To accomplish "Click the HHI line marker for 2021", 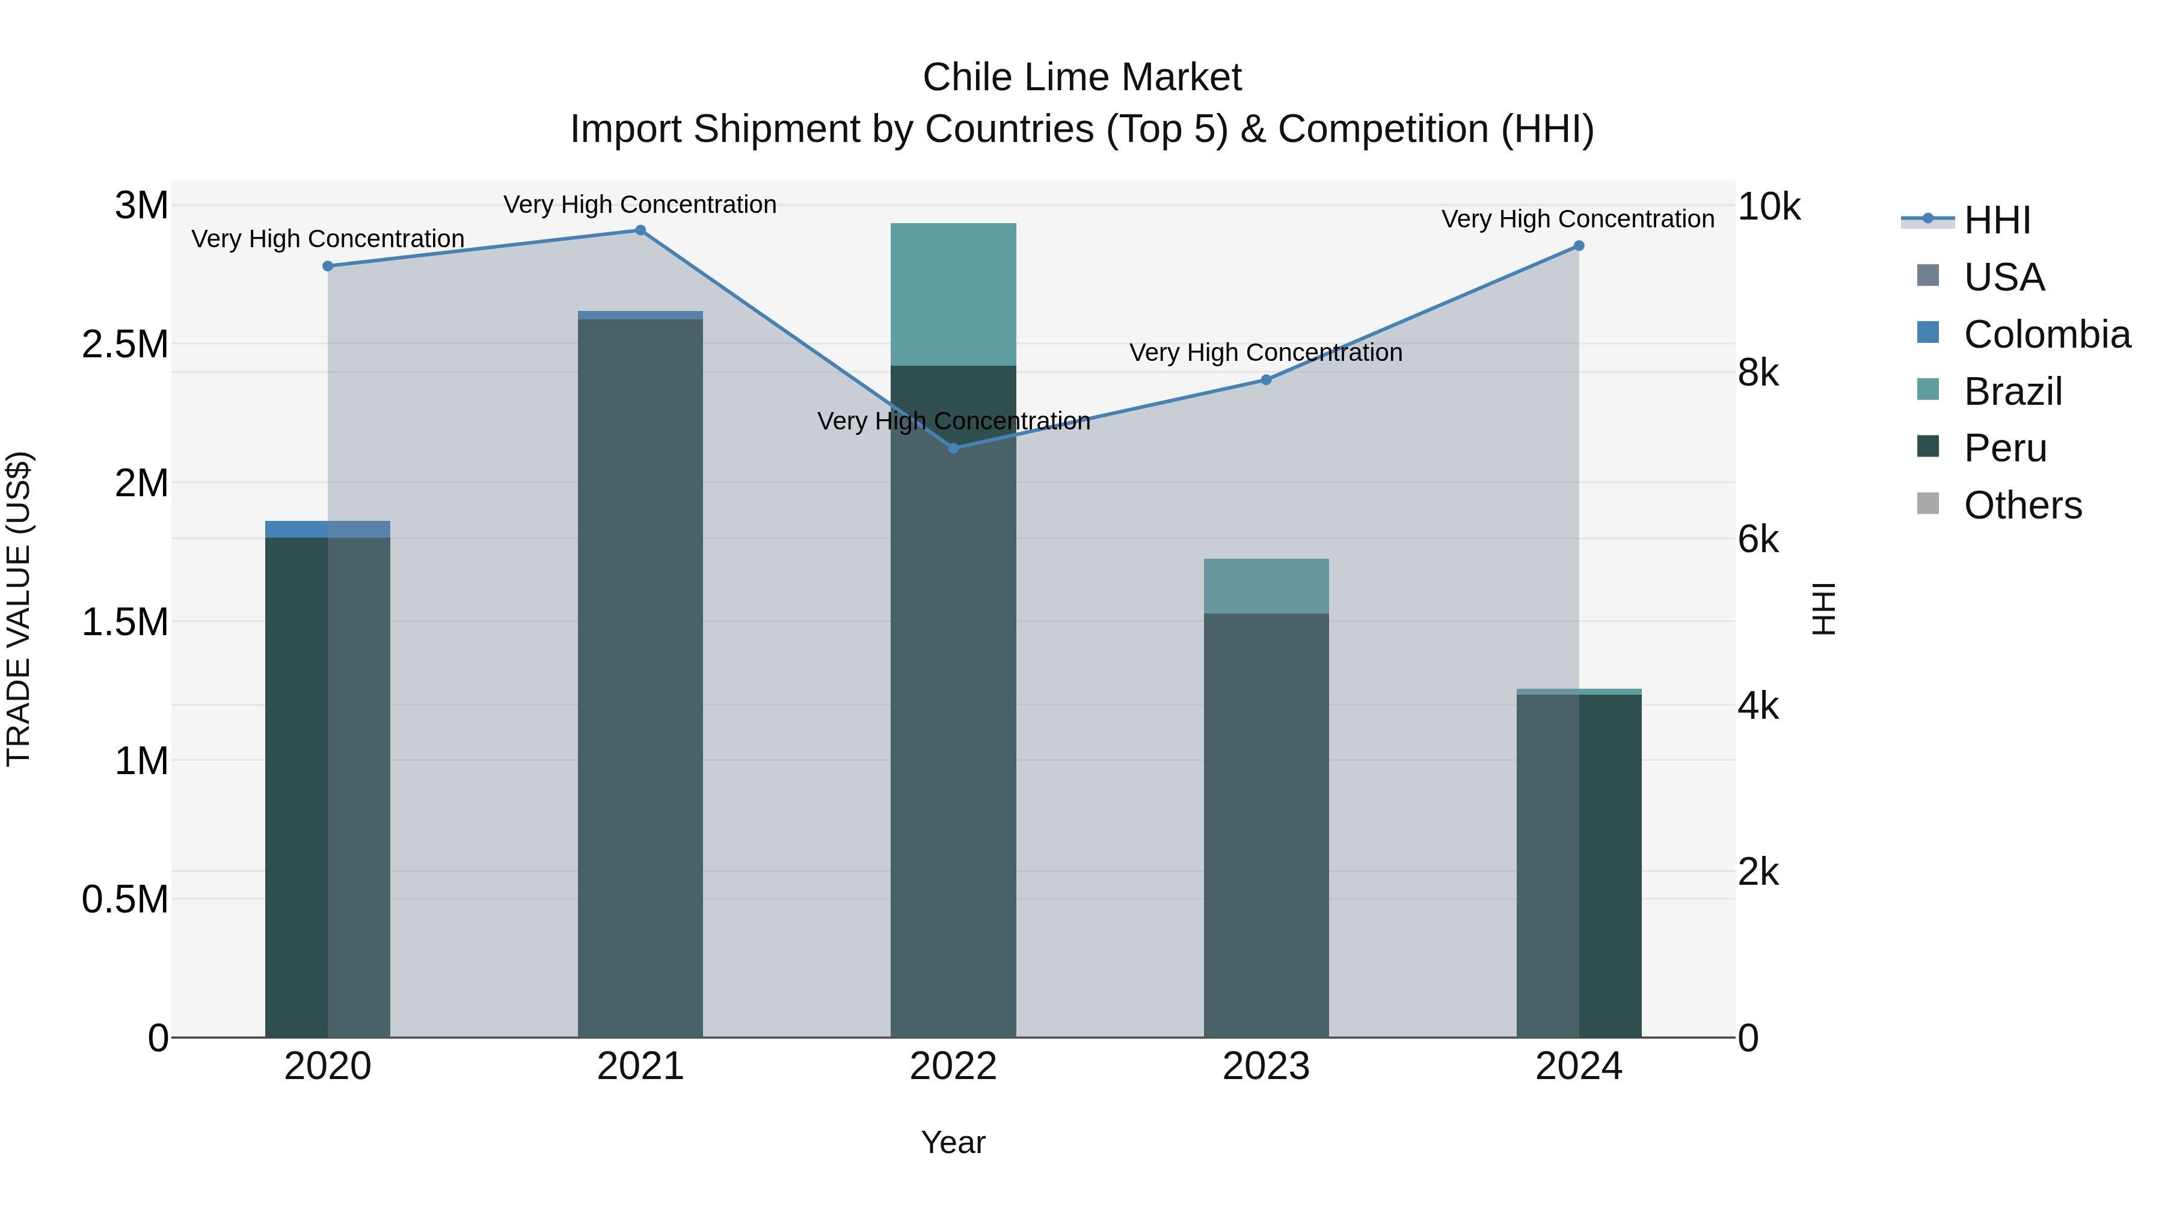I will pos(640,230).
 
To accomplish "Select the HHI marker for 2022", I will pos(953,448).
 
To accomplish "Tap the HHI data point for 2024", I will pos(1579,246).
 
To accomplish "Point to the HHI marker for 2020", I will pos(328,266).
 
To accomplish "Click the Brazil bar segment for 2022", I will pos(953,294).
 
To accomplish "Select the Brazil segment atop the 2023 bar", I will pos(1266,586).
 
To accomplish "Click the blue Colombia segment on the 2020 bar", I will pos(328,529).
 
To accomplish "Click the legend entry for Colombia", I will pos(2046,334).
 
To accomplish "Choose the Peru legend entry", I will pos(2004,448).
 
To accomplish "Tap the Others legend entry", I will pos(2022,505).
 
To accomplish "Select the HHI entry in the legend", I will pos(1996,220).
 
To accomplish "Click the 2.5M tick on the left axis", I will pos(124,345).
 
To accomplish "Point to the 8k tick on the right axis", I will pos(1758,372).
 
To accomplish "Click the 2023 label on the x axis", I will pos(1266,1066).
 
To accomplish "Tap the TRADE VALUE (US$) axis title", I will pos(19,609).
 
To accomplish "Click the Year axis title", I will pos(953,1142).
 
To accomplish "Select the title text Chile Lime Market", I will pos(1082,78).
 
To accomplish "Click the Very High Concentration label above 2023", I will pos(1266,352).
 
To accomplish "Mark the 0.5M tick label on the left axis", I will pos(124,899).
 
